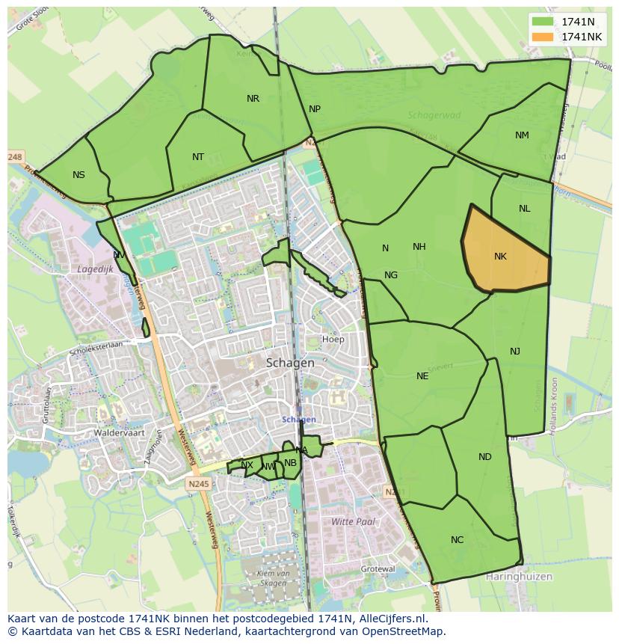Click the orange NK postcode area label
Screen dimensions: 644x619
[500, 257]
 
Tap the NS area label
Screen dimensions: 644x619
[78, 175]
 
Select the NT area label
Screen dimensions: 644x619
[197, 157]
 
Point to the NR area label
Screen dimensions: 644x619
[253, 99]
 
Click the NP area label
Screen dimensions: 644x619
[315, 109]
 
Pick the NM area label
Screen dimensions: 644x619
[522, 135]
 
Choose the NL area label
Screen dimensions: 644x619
[524, 209]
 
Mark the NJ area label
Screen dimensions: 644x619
[515, 352]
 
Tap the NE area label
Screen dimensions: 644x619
[422, 376]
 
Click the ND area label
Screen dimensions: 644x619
[485, 457]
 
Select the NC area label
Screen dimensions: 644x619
[457, 540]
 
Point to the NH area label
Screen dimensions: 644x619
[419, 247]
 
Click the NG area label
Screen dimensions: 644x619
[391, 275]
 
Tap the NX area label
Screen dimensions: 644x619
[247, 465]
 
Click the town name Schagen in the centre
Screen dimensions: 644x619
[290, 363]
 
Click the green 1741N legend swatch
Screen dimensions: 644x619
[543, 22]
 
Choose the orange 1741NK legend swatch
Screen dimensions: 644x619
[543, 37]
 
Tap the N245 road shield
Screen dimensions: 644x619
[200, 484]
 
